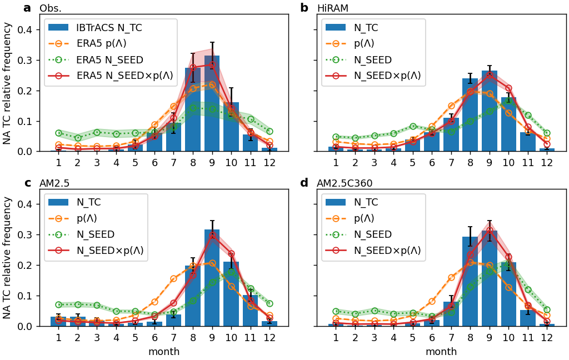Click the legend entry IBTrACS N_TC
click(x=111, y=27)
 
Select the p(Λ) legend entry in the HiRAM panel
click(x=364, y=43)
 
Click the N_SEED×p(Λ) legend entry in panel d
click(x=387, y=251)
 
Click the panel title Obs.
click(x=50, y=9)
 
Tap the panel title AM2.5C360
click(x=345, y=184)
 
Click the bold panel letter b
click(x=304, y=8)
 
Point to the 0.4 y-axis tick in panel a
click(x=27, y=29)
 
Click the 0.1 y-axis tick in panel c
click(x=27, y=296)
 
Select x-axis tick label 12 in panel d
click(x=547, y=337)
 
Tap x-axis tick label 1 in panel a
click(x=58, y=162)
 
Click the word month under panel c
click(x=164, y=352)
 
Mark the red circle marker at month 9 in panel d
click(x=490, y=231)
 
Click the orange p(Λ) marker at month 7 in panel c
click(x=173, y=278)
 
